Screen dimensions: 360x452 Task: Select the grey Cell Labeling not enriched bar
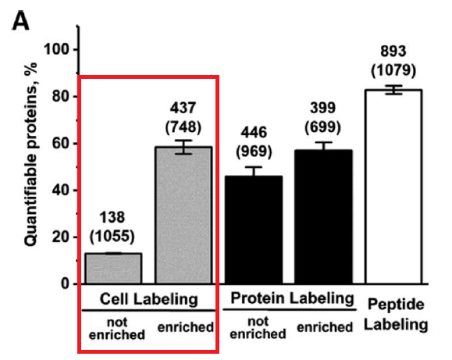[113, 268]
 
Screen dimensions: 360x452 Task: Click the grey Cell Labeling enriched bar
[183, 215]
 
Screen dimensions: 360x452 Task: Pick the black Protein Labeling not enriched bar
[253, 230]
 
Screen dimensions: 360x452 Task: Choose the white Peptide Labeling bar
[393, 187]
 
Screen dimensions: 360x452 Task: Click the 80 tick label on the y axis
[62, 97]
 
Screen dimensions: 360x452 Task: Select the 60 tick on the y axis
[62, 144]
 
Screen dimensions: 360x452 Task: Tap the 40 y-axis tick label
[62, 191]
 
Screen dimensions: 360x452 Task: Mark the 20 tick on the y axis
[62, 237]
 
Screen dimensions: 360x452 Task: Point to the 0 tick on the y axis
[66, 284]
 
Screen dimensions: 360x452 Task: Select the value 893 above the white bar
[393, 52]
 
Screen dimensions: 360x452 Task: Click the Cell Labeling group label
[148, 299]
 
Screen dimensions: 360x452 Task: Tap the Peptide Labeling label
[398, 315]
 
